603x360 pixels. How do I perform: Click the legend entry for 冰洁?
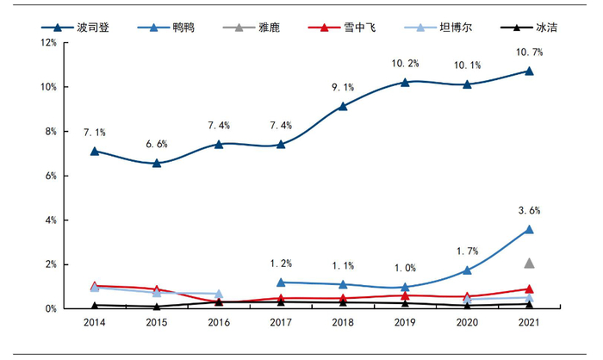pyautogui.click(x=534, y=28)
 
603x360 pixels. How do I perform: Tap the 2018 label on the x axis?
pyautogui.click(x=343, y=324)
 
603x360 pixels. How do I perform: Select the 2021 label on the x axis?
pyautogui.click(x=529, y=324)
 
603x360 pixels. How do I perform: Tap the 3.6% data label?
pyautogui.click(x=529, y=210)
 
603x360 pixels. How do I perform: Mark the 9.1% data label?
pyautogui.click(x=343, y=87)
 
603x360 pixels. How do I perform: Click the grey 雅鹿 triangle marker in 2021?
pyautogui.click(x=529, y=263)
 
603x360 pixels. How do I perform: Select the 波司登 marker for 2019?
pyautogui.click(x=405, y=83)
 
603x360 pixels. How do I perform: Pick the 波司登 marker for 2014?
pyautogui.click(x=95, y=151)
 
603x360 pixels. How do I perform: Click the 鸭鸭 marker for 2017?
pyautogui.click(x=281, y=282)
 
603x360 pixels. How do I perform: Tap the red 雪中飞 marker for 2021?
pyautogui.click(x=529, y=289)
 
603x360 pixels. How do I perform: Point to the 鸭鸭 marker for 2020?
pyautogui.click(x=467, y=270)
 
